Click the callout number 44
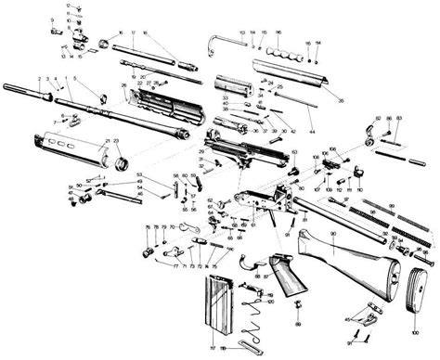[297, 124]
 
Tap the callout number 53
[139, 174]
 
